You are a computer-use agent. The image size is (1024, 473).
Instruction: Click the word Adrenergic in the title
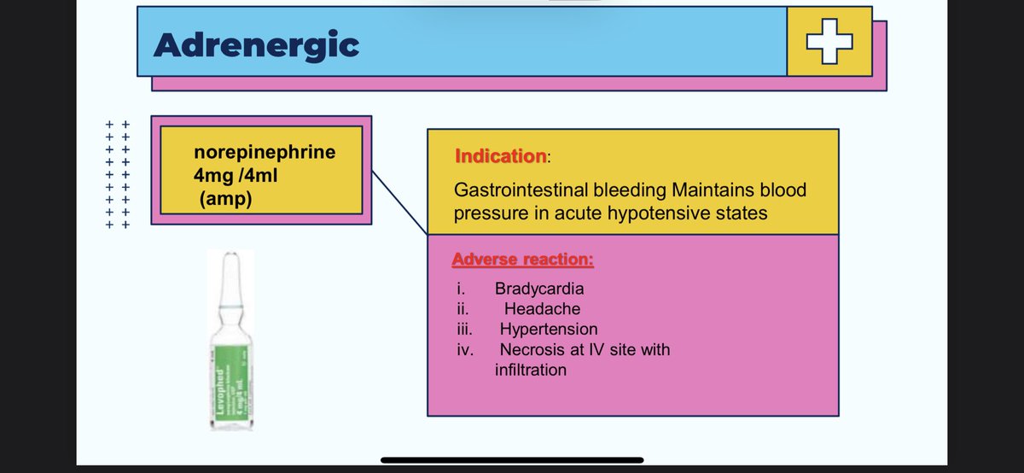[256, 44]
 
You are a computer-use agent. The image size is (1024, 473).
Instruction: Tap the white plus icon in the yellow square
[829, 41]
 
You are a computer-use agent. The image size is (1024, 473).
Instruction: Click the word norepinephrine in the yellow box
[265, 153]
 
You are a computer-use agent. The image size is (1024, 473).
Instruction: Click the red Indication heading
[500, 157]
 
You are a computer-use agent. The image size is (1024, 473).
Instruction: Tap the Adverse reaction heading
[523, 259]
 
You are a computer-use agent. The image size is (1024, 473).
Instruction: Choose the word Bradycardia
[539, 289]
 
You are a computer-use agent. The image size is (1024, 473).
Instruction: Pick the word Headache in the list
[542, 309]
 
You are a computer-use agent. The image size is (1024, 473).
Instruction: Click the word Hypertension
[549, 330]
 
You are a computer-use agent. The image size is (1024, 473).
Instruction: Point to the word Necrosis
[531, 350]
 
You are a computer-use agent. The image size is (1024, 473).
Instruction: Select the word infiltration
[530, 371]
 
